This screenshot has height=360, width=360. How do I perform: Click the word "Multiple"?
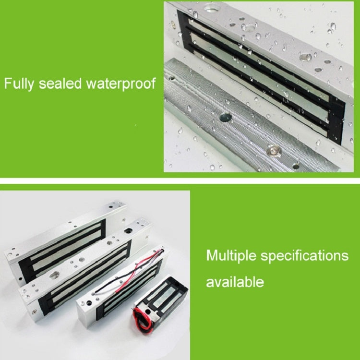point(231,255)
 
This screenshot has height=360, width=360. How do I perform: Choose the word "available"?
point(235,282)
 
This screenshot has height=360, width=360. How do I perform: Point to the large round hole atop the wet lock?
point(212,8)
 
